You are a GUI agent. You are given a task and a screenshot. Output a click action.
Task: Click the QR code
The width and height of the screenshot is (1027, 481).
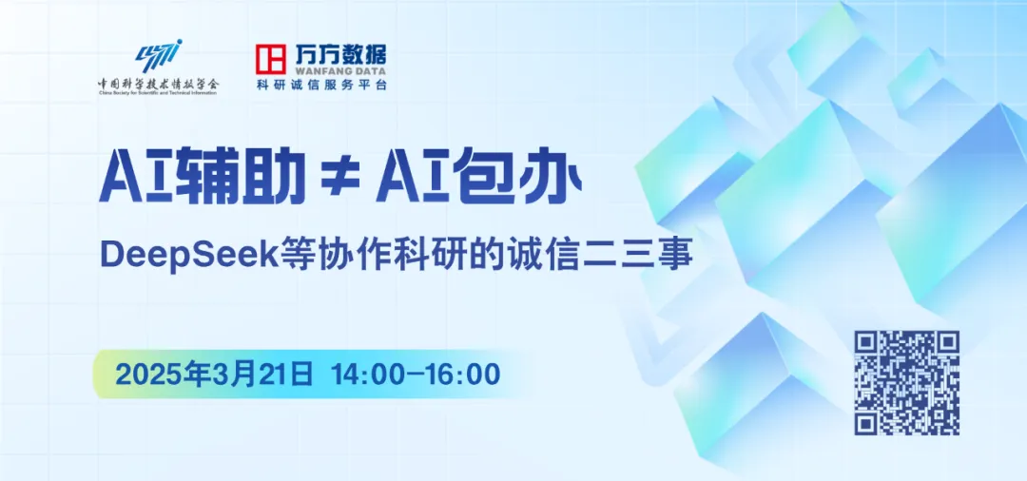pyautogui.click(x=906, y=383)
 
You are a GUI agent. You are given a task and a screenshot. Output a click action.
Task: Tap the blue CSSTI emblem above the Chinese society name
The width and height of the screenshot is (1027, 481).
pyautogui.click(x=159, y=56)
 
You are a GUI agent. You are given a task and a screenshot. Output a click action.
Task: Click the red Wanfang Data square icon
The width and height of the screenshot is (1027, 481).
pyautogui.click(x=270, y=59)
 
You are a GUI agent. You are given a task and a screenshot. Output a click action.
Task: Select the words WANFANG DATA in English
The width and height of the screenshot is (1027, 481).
pyautogui.click(x=339, y=70)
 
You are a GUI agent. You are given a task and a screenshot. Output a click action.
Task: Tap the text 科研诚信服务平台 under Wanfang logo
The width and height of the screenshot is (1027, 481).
pyautogui.click(x=321, y=85)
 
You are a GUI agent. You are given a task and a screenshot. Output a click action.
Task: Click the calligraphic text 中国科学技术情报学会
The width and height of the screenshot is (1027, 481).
pyautogui.click(x=159, y=84)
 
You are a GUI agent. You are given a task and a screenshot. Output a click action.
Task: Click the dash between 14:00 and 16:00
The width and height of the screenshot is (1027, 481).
pyautogui.click(x=416, y=375)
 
